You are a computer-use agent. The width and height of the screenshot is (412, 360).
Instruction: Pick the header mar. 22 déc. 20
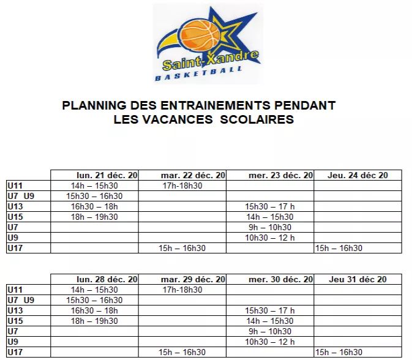pyautogui.click(x=193, y=175)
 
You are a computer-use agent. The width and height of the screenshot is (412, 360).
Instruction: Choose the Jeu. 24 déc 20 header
pyautogui.click(x=358, y=175)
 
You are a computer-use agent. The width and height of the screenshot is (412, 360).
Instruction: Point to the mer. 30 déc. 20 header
pyautogui.click(x=281, y=279)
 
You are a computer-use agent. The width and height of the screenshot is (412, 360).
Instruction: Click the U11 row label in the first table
pyautogui.click(x=15, y=186)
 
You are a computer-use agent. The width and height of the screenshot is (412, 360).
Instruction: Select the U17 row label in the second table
pyautogui.click(x=15, y=352)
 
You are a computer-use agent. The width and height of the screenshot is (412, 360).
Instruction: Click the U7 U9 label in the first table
pyautogui.click(x=21, y=196)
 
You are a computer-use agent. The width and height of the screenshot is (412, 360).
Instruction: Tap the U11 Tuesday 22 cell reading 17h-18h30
pyautogui.click(x=182, y=186)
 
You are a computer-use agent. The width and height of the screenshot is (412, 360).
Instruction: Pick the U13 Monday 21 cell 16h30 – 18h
pyautogui.click(x=94, y=206)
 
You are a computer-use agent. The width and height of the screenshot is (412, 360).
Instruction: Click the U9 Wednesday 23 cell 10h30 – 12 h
pyautogui.click(x=270, y=238)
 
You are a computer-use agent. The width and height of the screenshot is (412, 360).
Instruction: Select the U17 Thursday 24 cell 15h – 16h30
pyautogui.click(x=339, y=248)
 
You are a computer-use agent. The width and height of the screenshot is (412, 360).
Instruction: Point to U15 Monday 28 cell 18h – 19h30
pyautogui.click(x=94, y=321)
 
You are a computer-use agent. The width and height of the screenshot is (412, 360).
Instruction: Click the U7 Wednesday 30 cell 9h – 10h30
pyautogui.click(x=270, y=331)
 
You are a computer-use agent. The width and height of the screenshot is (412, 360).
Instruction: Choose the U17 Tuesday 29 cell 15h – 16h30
pyautogui.click(x=182, y=352)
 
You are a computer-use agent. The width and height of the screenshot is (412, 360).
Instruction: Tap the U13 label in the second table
pyautogui.click(x=15, y=310)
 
